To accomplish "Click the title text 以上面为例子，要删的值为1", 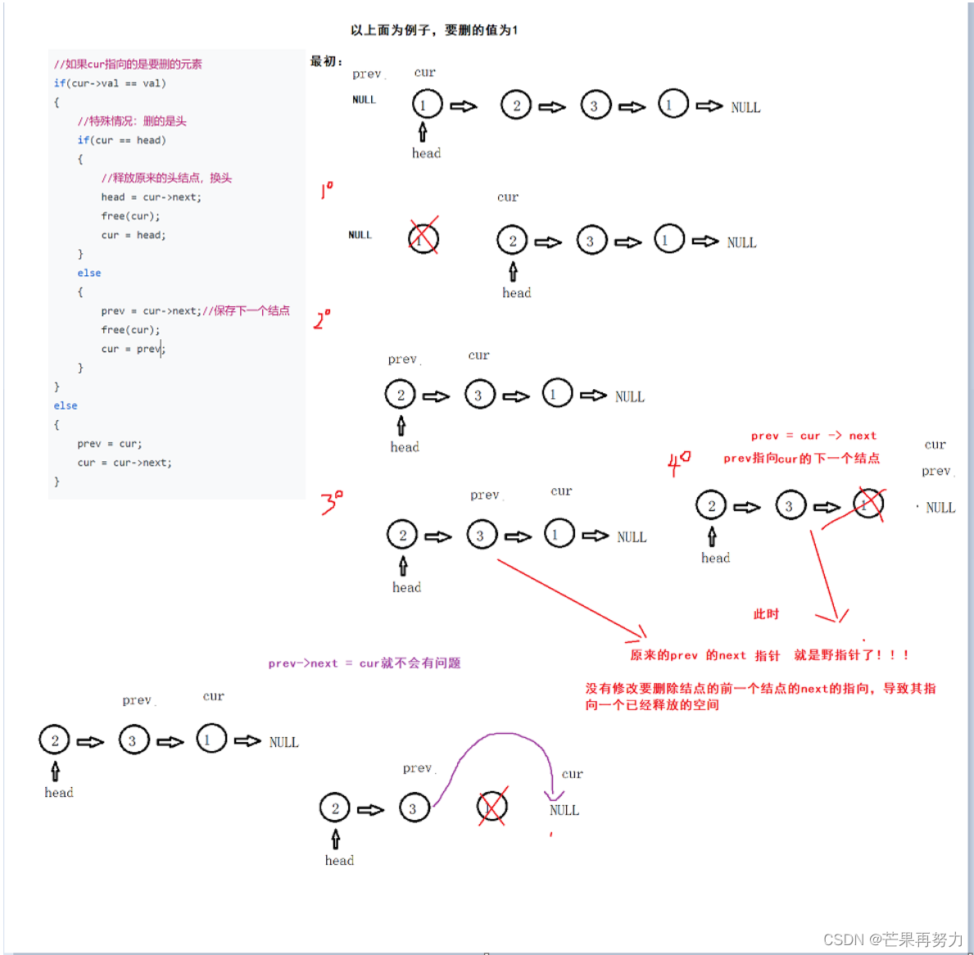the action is (x=433, y=29).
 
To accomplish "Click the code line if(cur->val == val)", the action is (x=110, y=84).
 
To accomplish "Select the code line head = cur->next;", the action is (x=152, y=197).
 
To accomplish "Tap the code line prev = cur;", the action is (x=110, y=443).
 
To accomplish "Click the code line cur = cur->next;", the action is (x=125, y=463).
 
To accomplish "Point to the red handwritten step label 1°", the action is (x=327, y=190).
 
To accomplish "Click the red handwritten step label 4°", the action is (x=678, y=464).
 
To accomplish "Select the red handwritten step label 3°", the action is (x=332, y=502).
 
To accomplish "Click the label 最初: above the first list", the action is (x=326, y=61).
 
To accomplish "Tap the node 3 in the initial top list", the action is (x=595, y=105).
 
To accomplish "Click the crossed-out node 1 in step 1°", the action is (x=424, y=238).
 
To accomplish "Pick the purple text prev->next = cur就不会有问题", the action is (x=365, y=663).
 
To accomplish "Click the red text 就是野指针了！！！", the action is (x=852, y=654).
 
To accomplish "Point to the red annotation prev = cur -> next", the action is (x=813, y=435).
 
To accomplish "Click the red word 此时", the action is (x=766, y=614).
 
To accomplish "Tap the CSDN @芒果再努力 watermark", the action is (x=893, y=939).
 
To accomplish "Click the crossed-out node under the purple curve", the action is (x=492, y=807).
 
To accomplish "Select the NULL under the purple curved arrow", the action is (x=564, y=810).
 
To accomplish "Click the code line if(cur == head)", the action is (x=122, y=140).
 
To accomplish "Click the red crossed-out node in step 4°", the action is (x=868, y=505).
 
